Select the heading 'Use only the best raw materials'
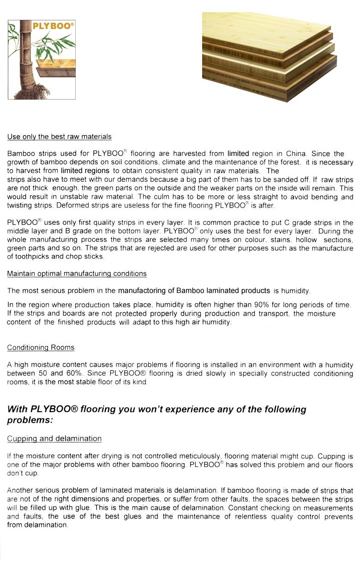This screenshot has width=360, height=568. click(x=59, y=137)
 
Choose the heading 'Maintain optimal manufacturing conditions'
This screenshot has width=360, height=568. click(x=77, y=274)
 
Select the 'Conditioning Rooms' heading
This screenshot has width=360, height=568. click(x=41, y=347)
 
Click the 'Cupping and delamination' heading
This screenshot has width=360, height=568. click(x=54, y=438)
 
